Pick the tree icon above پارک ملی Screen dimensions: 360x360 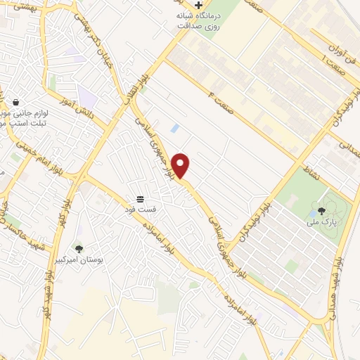pos(321,210)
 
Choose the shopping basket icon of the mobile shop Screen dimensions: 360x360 pos(15,101)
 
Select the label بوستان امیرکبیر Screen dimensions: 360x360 pos(79,260)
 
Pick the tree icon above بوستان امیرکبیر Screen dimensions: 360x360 pos(79,248)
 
